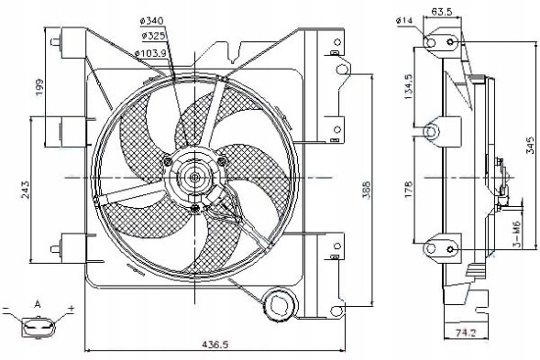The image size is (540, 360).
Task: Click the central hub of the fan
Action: pyautogui.click(x=195, y=178)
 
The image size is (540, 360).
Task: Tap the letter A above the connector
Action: pyautogui.click(x=37, y=303)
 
